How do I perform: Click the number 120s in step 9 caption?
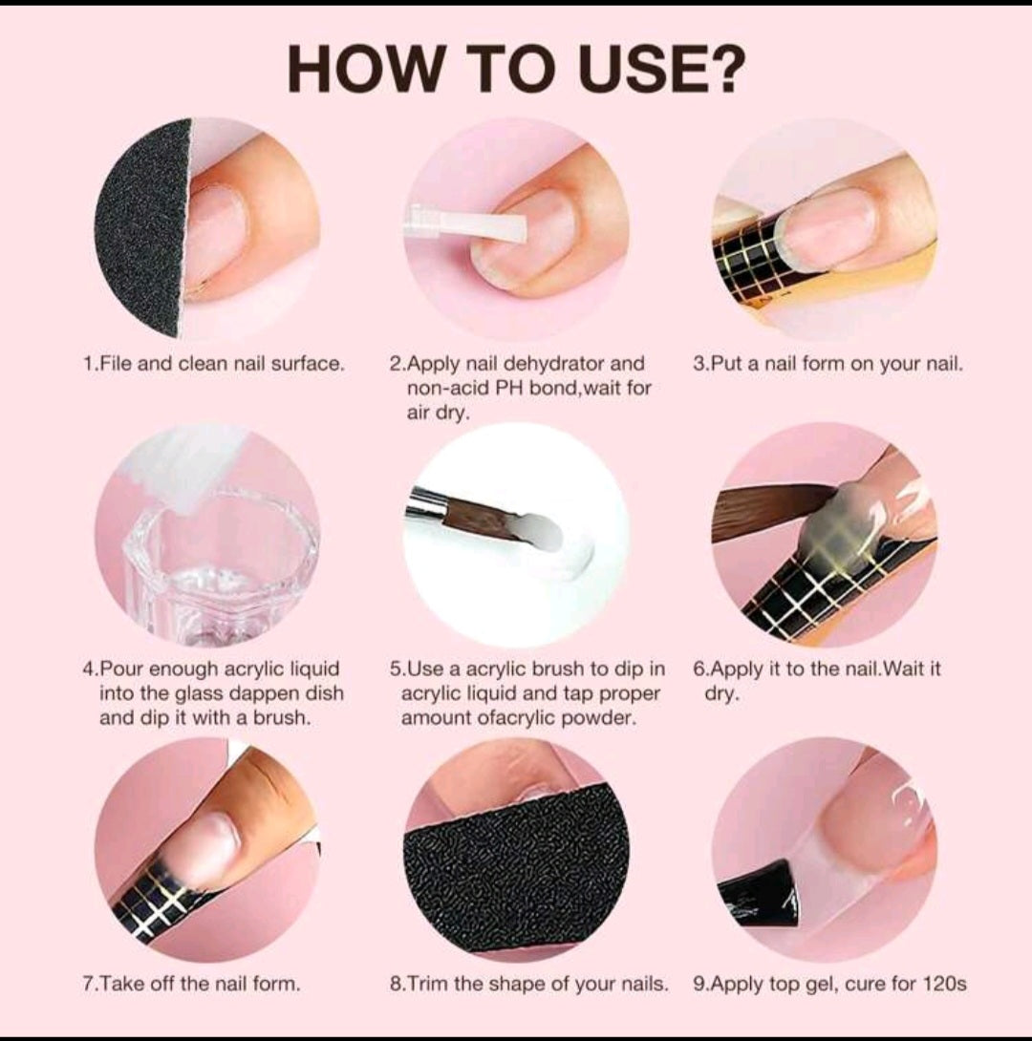coord(946,984)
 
